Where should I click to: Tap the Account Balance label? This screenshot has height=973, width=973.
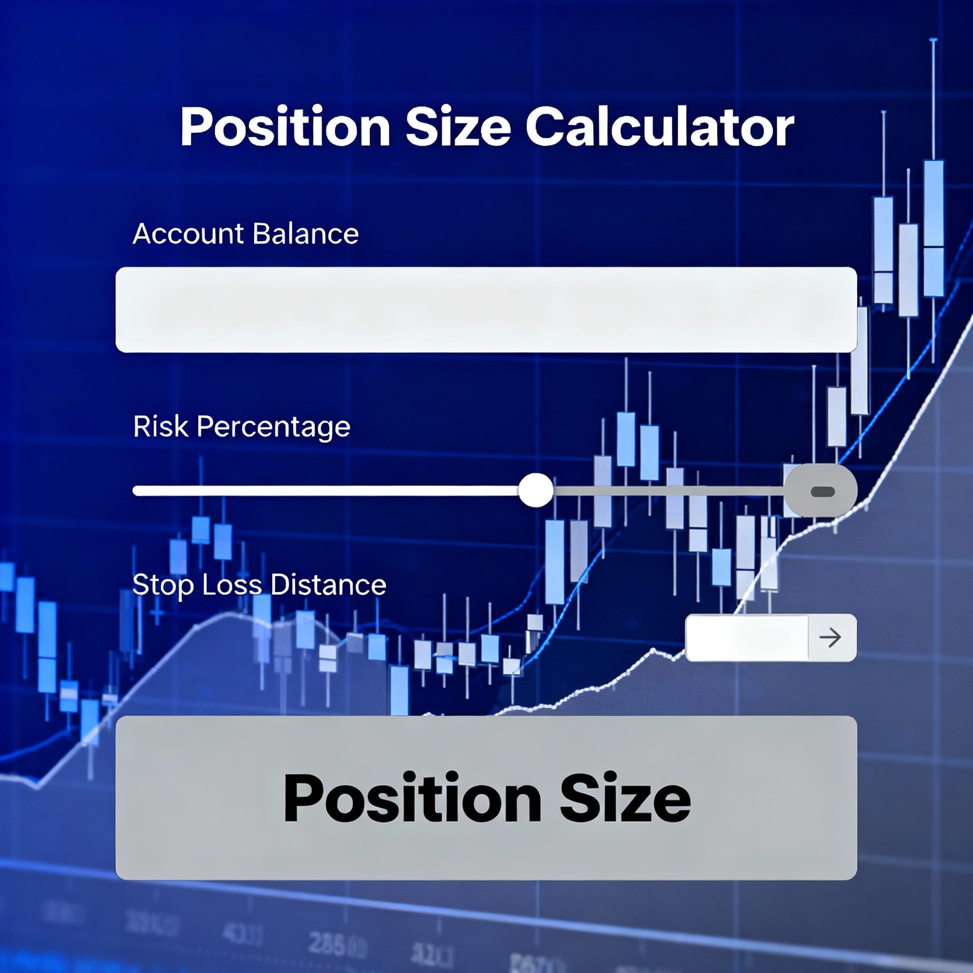point(245,234)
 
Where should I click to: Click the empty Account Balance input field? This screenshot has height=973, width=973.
point(486,310)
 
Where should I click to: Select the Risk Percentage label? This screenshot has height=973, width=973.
point(241,427)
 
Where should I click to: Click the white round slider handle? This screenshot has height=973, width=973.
point(536,490)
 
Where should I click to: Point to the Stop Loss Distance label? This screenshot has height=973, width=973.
point(259,585)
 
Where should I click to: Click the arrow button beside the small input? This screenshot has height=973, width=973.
point(830,638)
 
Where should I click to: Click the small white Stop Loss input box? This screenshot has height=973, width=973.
point(746,638)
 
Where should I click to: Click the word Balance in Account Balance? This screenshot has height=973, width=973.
point(305,234)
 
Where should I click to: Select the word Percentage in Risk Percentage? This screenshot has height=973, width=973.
point(273,427)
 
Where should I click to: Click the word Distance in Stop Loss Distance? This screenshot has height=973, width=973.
point(328,585)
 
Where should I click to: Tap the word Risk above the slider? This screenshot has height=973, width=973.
point(161,427)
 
